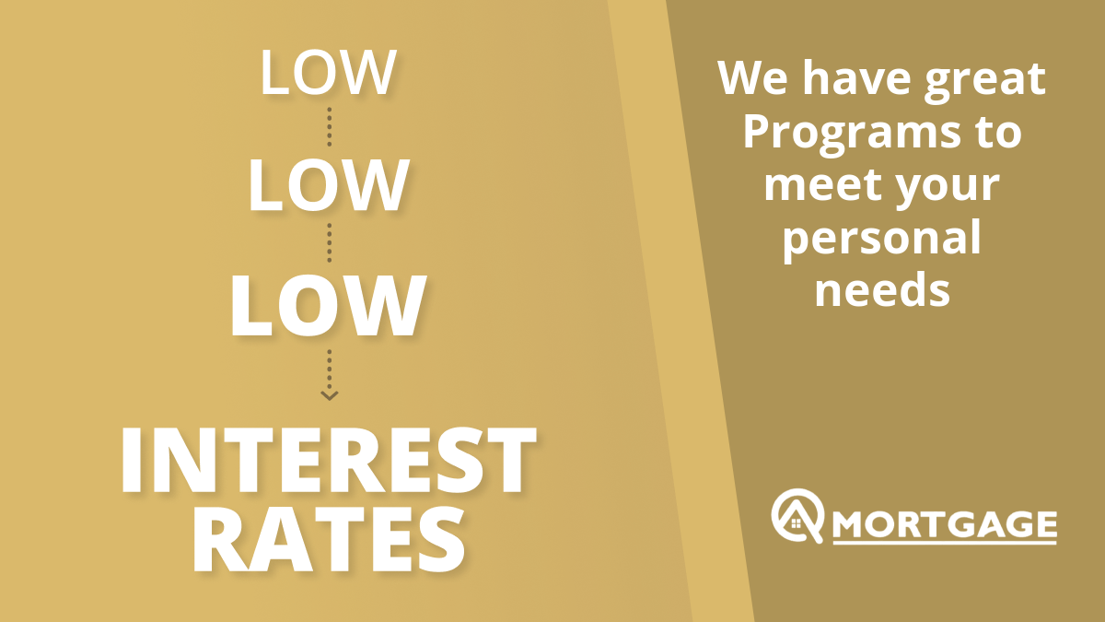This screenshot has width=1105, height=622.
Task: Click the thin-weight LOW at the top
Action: point(328,72)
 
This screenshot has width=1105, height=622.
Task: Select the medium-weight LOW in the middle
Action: point(329,185)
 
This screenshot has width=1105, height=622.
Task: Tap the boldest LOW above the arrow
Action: point(328,306)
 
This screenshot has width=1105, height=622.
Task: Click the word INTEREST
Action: point(329,460)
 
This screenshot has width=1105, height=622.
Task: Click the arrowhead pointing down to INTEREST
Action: point(330,395)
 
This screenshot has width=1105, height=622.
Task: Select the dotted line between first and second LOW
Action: point(330,127)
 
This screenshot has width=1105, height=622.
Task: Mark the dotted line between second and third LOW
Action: point(330,243)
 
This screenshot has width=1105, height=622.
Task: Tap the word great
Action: point(985,82)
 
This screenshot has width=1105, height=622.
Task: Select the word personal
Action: point(882,241)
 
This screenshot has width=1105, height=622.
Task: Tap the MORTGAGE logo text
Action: point(945,524)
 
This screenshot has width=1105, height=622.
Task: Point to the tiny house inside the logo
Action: point(797,522)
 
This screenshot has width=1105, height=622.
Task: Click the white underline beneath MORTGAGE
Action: point(945,543)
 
